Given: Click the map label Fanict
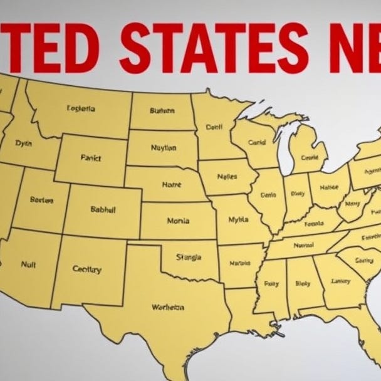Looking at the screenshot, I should point(91,159).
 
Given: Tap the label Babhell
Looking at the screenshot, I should point(103,210).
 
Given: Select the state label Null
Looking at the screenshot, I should point(28,264).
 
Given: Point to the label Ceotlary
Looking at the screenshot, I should point(86,269).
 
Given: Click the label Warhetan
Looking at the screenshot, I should point(167,307).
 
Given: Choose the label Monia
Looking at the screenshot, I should point(178,221).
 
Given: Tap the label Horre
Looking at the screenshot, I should point(171,185).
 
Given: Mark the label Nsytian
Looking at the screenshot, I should point(164,148).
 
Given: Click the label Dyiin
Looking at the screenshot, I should point(23,144).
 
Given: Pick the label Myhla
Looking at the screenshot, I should point(238,220).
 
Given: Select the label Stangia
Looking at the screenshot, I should point(189,257).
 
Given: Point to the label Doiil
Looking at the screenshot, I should point(214,127).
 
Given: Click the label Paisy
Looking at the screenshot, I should point(271,283).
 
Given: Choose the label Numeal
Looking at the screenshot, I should point(303,246).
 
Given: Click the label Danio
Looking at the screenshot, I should point(268,194).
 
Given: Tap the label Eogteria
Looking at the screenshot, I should point(81,108).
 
